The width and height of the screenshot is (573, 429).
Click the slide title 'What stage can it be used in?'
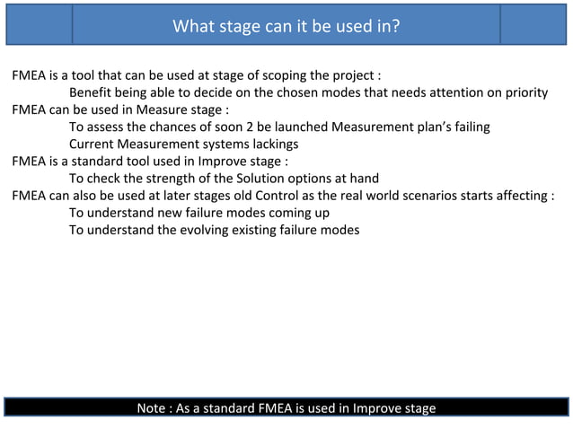(x=286, y=25)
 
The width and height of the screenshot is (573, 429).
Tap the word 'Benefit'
(x=93, y=92)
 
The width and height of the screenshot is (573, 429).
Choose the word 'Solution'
(x=246, y=179)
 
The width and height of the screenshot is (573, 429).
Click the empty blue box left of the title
(x=39, y=24)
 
